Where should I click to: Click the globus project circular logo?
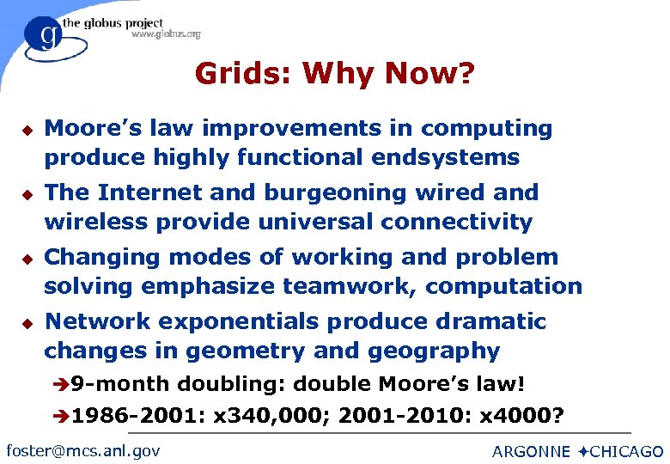pos(44,35)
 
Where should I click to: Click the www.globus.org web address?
pos(166,34)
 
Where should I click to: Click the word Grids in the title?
pos(243,74)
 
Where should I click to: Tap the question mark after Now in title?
pos(465,74)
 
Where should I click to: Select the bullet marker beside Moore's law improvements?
pos(27,130)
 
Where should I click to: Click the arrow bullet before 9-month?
pos(64,384)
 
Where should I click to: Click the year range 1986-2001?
pos(137,418)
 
